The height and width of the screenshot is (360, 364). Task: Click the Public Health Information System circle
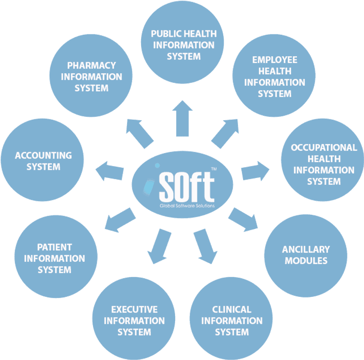coord(182,42)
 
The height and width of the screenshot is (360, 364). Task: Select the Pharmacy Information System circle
coord(91,75)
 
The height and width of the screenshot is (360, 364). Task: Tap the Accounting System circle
coord(42,160)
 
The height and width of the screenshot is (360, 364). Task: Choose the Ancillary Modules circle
coord(306,256)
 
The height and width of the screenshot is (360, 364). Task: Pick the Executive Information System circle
coord(134,318)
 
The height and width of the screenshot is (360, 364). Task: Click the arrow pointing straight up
coord(182,119)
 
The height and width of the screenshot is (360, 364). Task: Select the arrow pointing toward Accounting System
coord(110,171)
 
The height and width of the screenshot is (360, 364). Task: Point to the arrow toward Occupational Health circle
coord(255,171)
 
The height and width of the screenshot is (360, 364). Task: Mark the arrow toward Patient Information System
coord(120,220)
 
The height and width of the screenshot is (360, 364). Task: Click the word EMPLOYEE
coord(275,60)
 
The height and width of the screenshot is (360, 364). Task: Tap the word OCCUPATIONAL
coord(324,148)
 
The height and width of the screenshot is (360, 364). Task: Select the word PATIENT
coord(55,247)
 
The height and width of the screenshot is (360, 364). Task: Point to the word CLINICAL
coord(232,309)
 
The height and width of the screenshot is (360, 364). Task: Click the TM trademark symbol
coord(214,169)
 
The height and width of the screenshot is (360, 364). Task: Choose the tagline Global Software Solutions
coord(187,205)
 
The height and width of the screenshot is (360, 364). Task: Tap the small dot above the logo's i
coord(157,165)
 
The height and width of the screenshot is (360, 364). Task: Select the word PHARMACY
coord(91,66)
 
